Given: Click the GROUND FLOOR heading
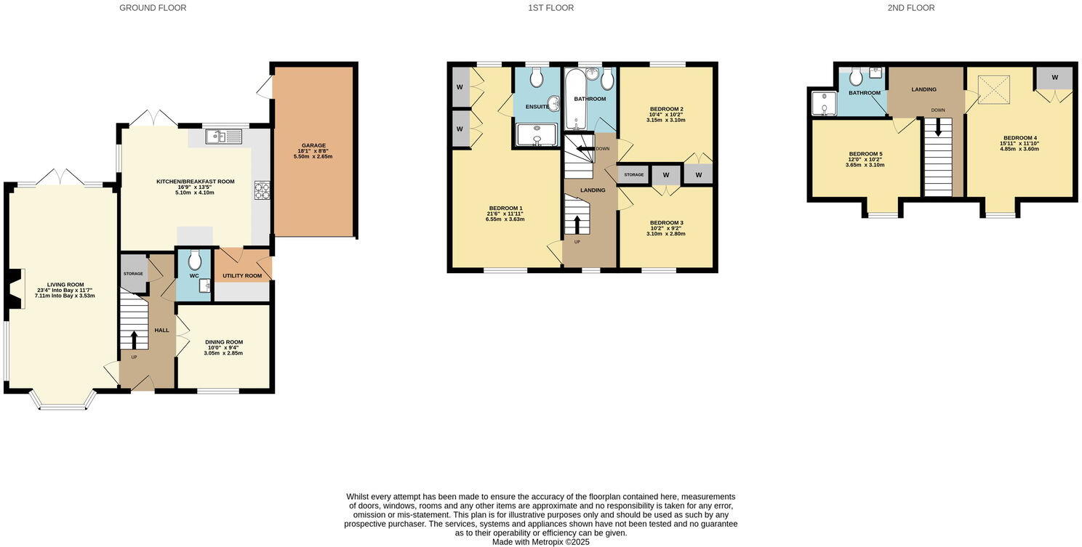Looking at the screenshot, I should [x=153, y=8].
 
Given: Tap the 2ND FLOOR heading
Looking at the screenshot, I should [x=911, y=8].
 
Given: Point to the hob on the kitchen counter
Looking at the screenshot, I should [x=261, y=190].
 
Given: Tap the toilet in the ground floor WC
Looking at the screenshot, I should [x=194, y=261].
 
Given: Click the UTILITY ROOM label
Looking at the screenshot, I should [x=242, y=276].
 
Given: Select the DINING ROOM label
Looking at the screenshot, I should [x=223, y=341].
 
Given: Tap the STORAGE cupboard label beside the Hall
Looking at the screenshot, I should [x=133, y=274].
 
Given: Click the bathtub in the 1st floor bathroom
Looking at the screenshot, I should [x=575, y=100].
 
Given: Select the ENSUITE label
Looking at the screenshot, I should [x=537, y=107].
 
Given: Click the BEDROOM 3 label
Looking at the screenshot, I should [x=666, y=222].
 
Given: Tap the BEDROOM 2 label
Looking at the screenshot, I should [x=666, y=109].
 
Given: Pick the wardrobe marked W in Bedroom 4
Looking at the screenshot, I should [x=1054, y=78].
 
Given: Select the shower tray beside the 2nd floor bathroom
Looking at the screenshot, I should [x=823, y=103].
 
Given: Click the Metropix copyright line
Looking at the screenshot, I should [x=540, y=542].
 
